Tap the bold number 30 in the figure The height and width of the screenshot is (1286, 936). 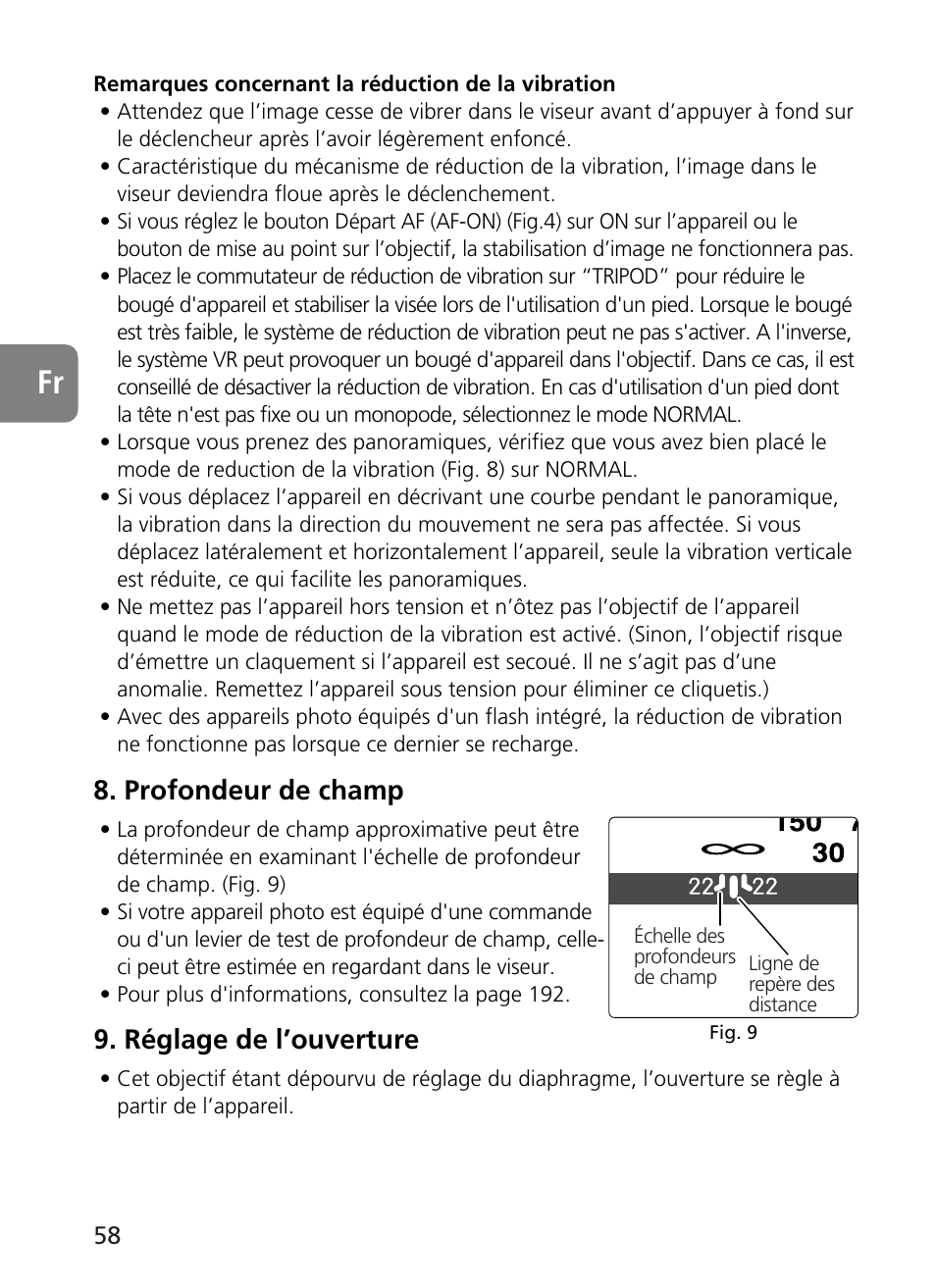click(828, 852)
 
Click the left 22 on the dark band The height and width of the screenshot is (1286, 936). click(701, 888)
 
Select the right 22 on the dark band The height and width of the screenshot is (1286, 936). click(764, 888)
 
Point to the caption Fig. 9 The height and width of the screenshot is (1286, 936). click(733, 1033)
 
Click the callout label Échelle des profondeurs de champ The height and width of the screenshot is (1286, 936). click(683, 956)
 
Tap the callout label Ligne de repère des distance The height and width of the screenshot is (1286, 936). click(791, 984)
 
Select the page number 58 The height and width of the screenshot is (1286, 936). click(108, 1235)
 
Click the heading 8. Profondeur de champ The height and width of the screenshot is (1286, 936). click(248, 791)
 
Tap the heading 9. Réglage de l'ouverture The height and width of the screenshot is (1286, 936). click(256, 1040)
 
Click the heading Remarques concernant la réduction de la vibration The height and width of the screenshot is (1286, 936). click(354, 84)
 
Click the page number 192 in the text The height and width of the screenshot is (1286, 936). click(546, 995)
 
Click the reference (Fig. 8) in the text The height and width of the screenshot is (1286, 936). click(498, 470)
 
